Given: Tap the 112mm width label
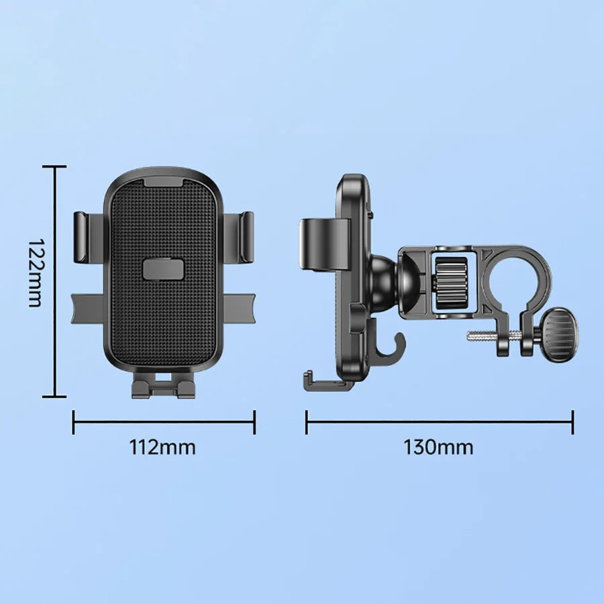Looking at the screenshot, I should [x=163, y=447].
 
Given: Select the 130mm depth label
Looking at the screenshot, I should [x=438, y=447].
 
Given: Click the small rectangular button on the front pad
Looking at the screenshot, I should [x=162, y=270].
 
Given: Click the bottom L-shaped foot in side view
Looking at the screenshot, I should [x=325, y=383].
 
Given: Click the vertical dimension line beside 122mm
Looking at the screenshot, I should [x=56, y=282].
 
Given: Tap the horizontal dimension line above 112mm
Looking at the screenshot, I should [x=164, y=423].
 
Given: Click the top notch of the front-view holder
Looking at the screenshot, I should [x=162, y=180].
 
